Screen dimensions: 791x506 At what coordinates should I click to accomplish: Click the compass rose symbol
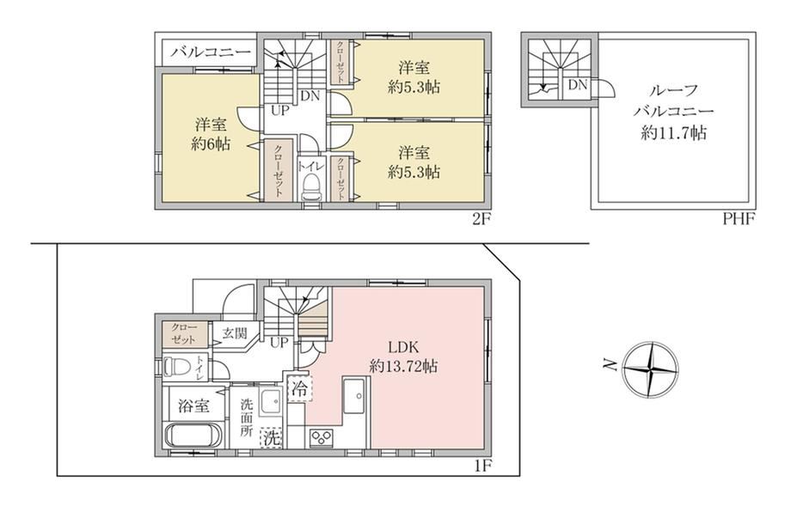pos(651,369)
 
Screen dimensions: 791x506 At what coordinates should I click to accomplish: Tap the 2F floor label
pos(481,219)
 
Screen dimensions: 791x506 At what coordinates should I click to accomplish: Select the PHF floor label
pos(739,219)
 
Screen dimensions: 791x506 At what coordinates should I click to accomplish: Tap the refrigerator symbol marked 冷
pos(300,388)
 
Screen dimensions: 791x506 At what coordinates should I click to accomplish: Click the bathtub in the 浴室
pos(194,435)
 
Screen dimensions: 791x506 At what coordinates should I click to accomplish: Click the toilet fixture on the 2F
pos(312,188)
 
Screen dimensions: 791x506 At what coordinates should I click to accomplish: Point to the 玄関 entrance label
pos(235,333)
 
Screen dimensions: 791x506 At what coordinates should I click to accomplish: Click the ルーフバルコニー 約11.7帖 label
pos(673,112)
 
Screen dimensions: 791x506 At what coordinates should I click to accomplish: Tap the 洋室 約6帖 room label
pos(211,134)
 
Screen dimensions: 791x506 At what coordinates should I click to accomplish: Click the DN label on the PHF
pos(578,85)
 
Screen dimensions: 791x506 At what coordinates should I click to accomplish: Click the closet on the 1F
pos(184,333)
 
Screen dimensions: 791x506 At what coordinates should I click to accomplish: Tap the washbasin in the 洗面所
pos(272,402)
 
